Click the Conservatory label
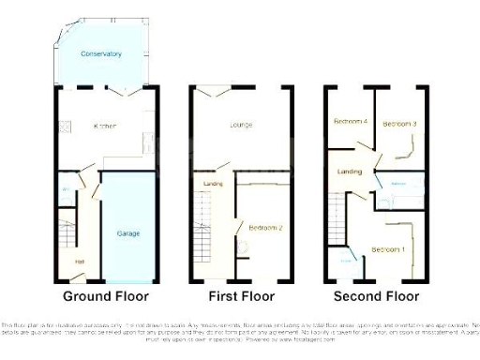[x=101, y=54]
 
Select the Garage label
[x=127, y=232]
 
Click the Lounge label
[x=242, y=125]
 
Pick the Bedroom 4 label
[x=350, y=122]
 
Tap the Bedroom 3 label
[x=400, y=123]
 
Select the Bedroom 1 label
[x=388, y=249]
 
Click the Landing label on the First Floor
[x=213, y=184]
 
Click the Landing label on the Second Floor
[x=350, y=172]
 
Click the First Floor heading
[x=241, y=296]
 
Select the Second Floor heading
[x=377, y=296]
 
